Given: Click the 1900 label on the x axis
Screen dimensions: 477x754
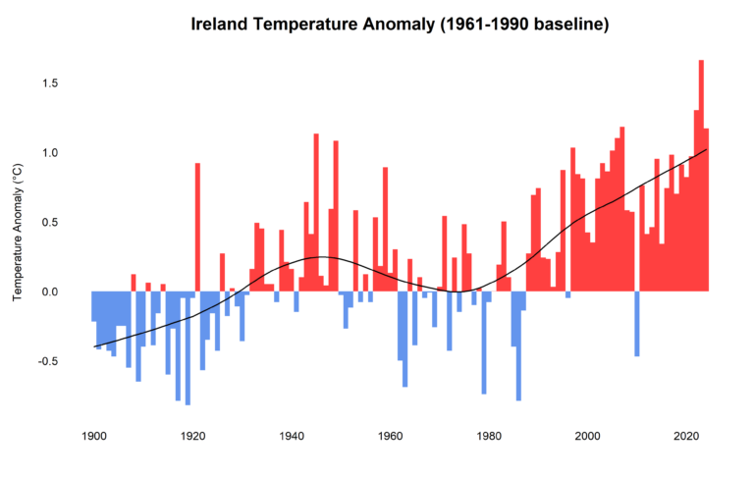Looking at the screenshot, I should pos(94,436).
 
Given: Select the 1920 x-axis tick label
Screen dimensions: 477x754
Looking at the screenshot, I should pos(192,436).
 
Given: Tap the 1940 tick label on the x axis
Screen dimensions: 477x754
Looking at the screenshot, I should pos(292,436).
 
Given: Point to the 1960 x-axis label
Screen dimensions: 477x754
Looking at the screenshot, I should pos(391,436).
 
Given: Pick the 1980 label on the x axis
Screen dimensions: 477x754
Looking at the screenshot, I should pos(489,436).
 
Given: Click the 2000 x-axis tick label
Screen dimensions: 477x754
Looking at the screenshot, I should pos(588,436).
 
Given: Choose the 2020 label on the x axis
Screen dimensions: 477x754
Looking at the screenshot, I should pos(686,436).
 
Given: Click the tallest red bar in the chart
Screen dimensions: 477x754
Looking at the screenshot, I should pos(701,177).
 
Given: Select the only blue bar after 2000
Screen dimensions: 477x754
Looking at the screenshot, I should pos(637,324).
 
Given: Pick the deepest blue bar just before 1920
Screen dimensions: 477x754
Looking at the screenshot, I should pos(188,348).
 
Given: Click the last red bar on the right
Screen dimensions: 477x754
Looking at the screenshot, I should pos(706,210).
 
